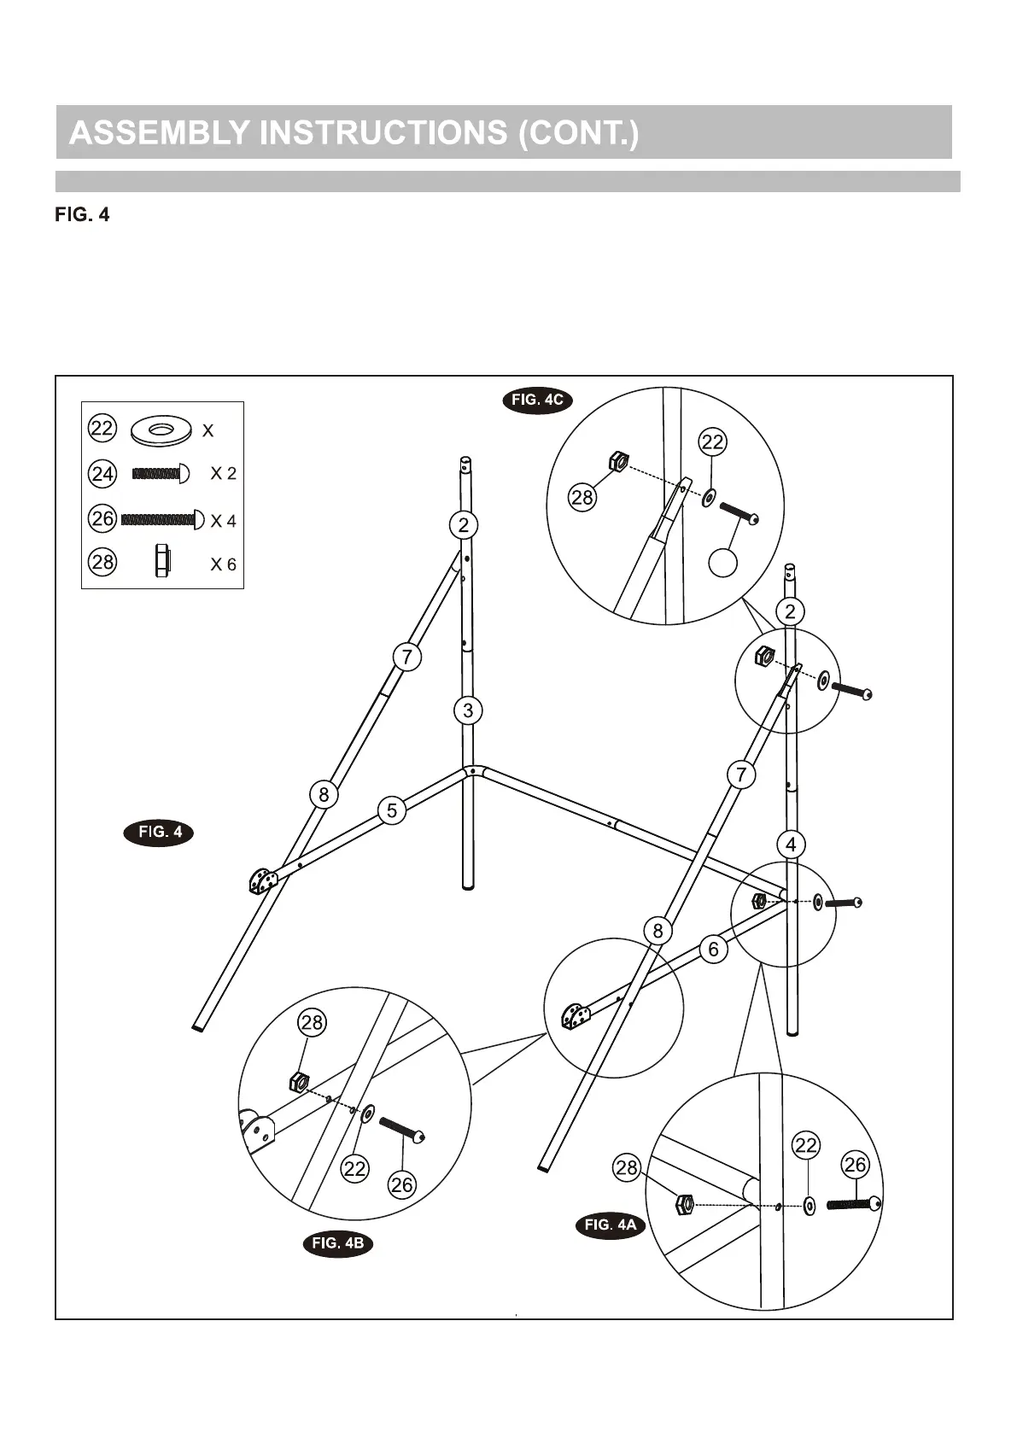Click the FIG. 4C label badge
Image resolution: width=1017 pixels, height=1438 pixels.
tap(537, 400)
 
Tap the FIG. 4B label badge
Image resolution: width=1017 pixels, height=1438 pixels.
tap(338, 1243)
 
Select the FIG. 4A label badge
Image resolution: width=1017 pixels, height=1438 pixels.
tap(611, 1225)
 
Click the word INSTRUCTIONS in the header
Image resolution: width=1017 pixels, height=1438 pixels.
tap(383, 133)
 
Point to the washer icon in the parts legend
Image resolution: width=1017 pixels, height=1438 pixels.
tap(161, 430)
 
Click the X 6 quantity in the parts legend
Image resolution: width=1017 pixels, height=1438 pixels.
tap(223, 564)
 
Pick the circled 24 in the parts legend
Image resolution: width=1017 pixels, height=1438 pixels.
tap(102, 474)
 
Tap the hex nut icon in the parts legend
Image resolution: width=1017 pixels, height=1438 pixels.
tap(162, 562)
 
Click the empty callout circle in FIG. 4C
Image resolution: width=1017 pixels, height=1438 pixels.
tap(723, 563)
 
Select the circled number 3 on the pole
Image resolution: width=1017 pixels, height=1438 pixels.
tap(468, 710)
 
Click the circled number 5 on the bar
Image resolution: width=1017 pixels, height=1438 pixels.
tap(392, 810)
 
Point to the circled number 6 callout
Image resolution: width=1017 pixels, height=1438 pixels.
tap(714, 949)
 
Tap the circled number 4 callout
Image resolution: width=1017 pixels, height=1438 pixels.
tap(791, 845)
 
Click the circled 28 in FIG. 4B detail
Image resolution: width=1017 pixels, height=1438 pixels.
tap(312, 1023)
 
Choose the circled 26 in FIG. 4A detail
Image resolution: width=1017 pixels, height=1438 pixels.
tap(855, 1165)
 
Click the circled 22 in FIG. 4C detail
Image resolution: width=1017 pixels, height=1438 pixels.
tap(712, 442)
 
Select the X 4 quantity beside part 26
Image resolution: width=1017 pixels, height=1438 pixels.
tap(223, 521)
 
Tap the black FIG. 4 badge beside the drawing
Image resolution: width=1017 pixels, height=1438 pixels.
tap(160, 833)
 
